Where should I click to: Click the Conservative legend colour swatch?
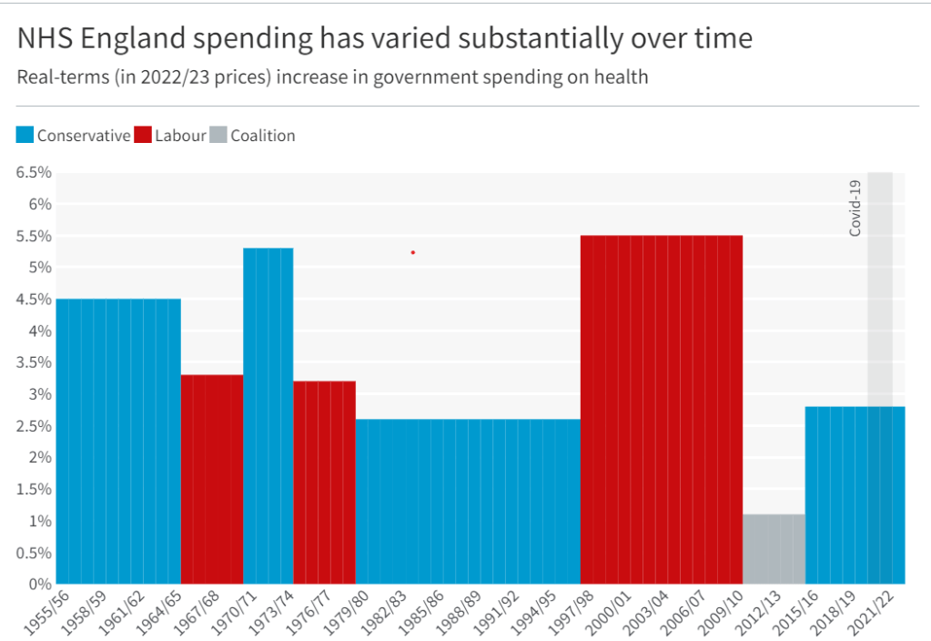point(25,136)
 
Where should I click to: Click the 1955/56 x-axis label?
point(44,613)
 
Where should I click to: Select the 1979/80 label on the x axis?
point(344,613)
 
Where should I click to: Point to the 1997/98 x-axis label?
point(569,613)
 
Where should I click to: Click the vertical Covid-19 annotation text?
point(855,209)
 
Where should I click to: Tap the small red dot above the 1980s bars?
point(413,252)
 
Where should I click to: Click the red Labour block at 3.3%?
point(212,479)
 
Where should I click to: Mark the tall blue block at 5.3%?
point(268,415)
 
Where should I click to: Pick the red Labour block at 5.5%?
point(662,410)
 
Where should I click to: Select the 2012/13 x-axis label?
point(757,613)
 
